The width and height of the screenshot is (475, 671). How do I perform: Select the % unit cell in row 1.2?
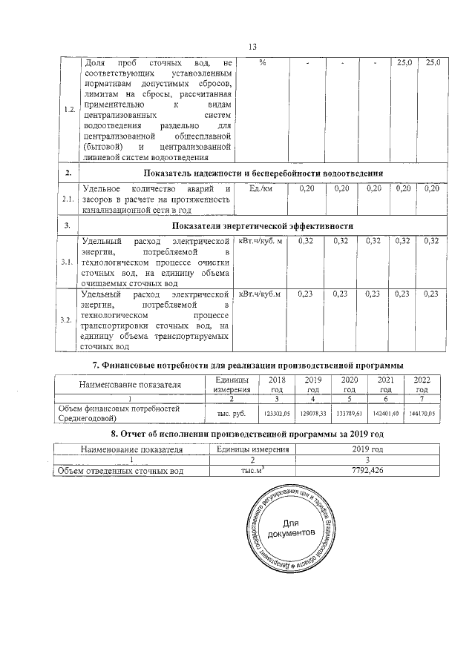click(263, 64)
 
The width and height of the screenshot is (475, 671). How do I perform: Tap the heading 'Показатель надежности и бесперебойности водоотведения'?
click(278, 173)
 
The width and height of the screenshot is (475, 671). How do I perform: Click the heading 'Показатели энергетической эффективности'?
click(263, 225)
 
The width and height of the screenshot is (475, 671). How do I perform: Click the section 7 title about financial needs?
click(247, 364)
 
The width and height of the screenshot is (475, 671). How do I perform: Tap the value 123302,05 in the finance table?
click(276, 413)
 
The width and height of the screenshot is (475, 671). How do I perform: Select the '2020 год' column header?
click(349, 384)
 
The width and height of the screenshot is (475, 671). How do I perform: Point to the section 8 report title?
click(246, 432)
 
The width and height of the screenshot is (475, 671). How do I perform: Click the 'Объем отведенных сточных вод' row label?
click(122, 471)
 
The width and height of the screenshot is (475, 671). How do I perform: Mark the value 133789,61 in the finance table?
click(349, 413)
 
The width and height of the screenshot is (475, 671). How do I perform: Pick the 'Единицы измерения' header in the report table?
click(248, 449)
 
